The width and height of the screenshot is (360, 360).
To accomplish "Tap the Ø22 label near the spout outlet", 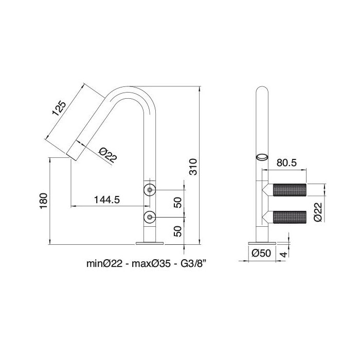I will pos(106,154).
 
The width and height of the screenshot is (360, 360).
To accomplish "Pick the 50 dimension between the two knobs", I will pos(178,203).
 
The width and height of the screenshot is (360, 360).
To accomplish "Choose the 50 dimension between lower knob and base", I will pos(178,230).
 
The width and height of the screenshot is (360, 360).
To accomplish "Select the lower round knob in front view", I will pos(149,218).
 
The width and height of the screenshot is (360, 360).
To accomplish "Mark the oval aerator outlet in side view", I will pos(262,157).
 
